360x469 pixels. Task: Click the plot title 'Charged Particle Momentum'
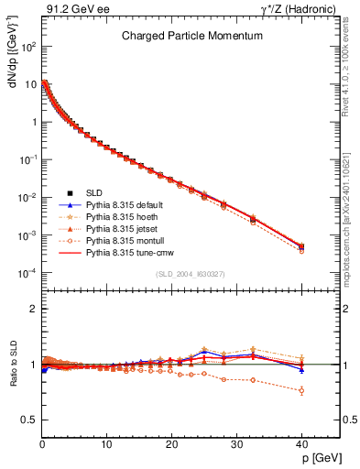point(192,37)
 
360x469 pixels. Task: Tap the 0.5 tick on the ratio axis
point(30,420)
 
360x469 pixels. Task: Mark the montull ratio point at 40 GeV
point(301,390)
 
